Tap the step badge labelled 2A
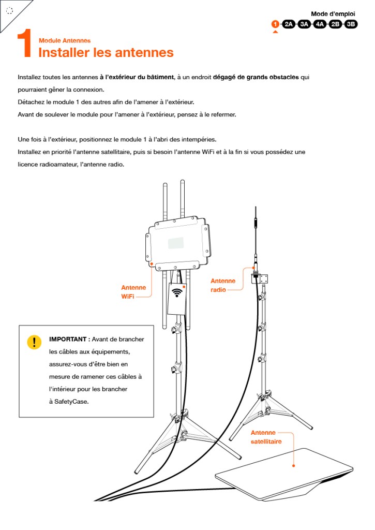(289, 24)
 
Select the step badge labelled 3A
(304, 24)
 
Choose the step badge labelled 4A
(320, 24)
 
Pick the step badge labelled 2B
(335, 24)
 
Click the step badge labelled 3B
(351, 24)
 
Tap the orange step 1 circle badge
(275, 24)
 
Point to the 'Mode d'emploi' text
(333, 14)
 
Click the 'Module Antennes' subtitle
(65, 40)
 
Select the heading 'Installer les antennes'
(106, 52)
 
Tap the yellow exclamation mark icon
(34, 342)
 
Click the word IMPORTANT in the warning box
(68, 339)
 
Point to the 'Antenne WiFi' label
(133, 292)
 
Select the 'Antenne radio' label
(223, 285)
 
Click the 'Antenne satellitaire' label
(266, 437)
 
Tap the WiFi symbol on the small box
(178, 292)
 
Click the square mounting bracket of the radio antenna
(262, 278)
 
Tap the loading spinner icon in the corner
(9, 10)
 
